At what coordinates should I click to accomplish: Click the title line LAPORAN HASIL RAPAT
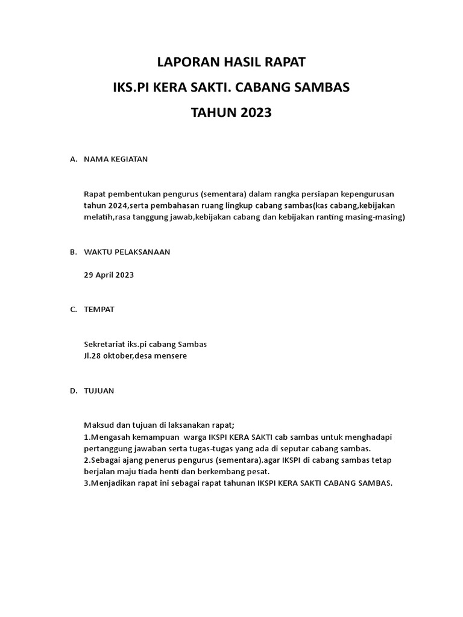pyautogui.click(x=231, y=62)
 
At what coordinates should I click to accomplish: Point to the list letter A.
pyautogui.click(x=73, y=160)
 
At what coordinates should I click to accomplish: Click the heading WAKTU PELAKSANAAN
pyautogui.click(x=127, y=252)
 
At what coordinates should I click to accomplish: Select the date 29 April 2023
pyautogui.click(x=109, y=275)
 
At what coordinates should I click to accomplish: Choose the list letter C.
pyautogui.click(x=73, y=310)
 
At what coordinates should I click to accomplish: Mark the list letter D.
pyautogui.click(x=73, y=390)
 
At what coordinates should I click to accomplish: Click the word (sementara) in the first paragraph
pyautogui.click(x=221, y=194)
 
